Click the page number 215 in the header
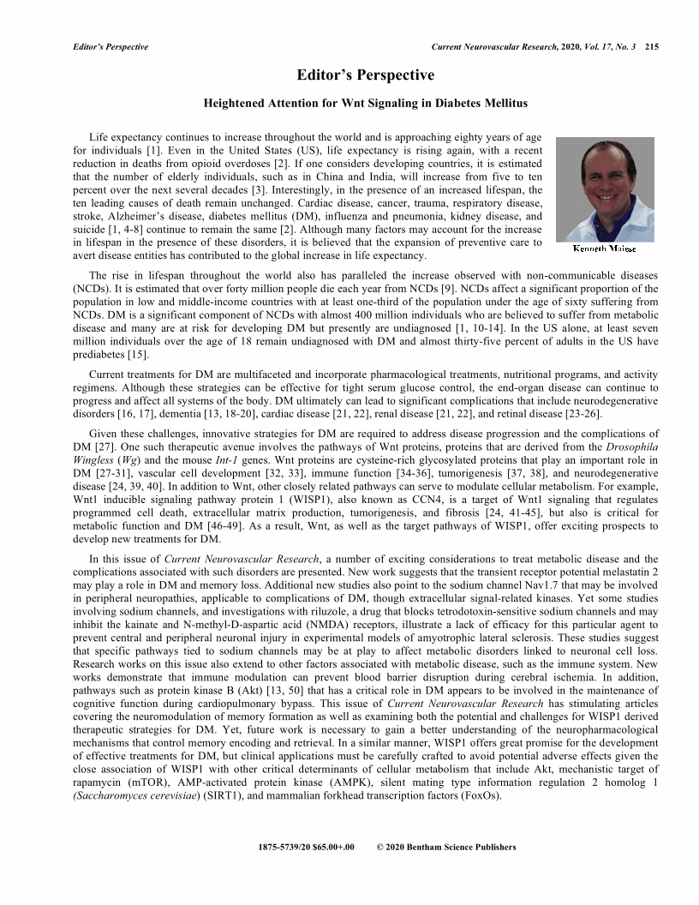click(x=651, y=45)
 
